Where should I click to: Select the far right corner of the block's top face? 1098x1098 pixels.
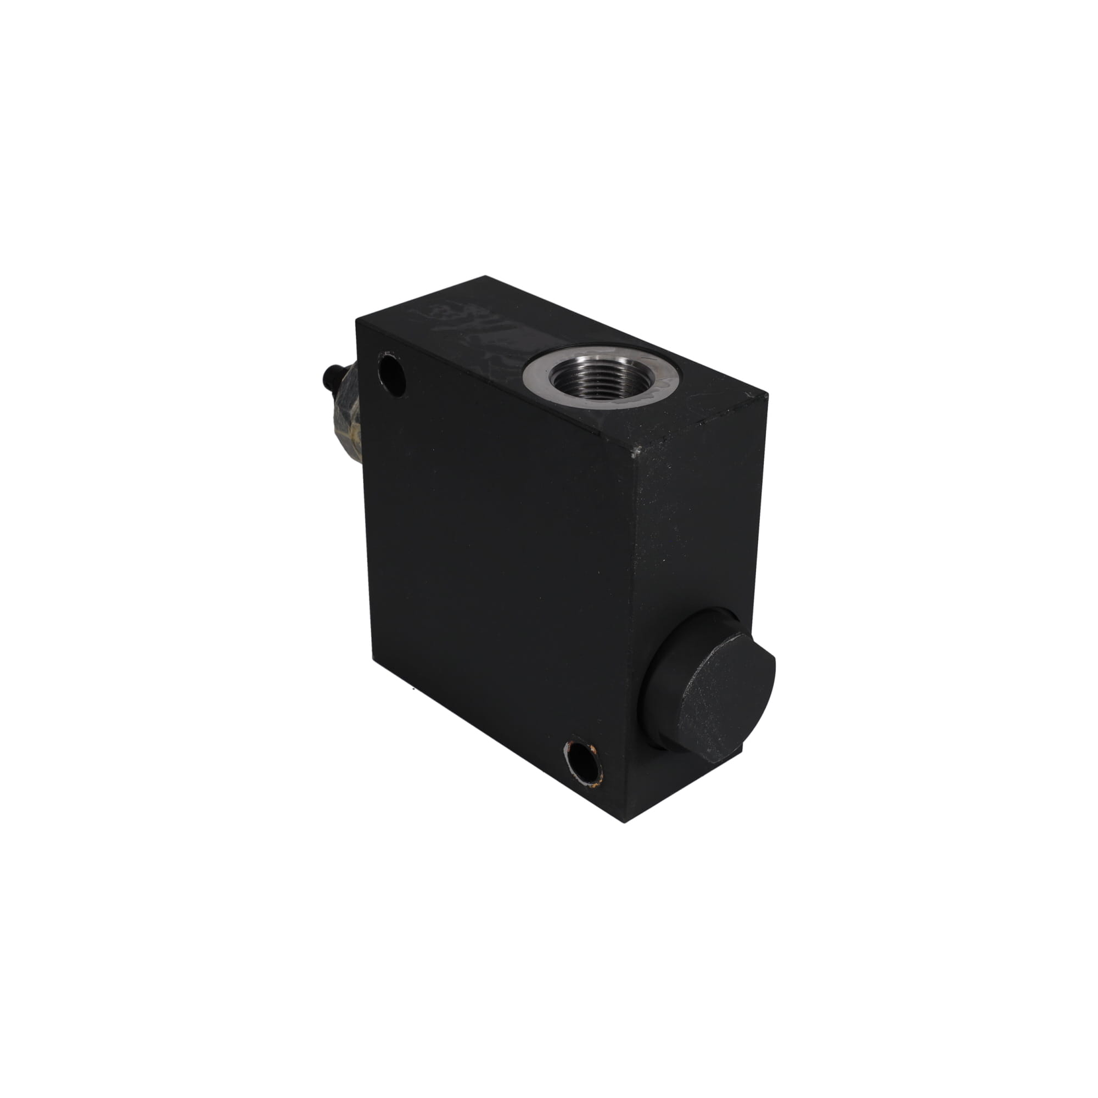(768, 393)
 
